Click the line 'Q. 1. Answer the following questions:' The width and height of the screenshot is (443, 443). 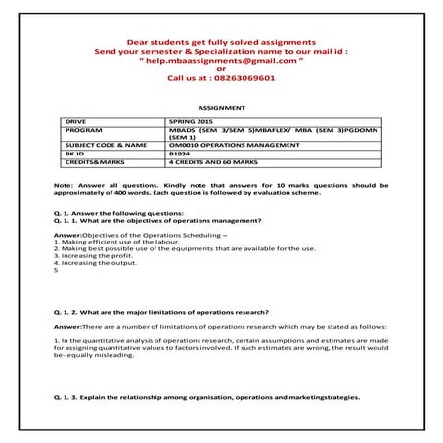[116, 213]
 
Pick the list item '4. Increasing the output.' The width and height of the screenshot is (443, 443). [97, 263]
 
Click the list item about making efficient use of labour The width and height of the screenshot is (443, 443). [113, 243]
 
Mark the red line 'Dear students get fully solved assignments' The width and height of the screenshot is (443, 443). [222, 41]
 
